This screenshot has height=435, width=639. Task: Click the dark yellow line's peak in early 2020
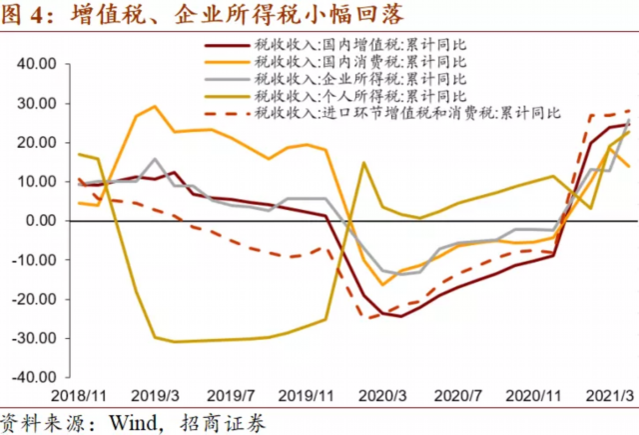pyautogui.click(x=363, y=162)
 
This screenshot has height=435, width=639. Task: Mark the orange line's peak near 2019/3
pyautogui.click(x=155, y=106)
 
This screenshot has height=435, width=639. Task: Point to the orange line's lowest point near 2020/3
pyautogui.click(x=382, y=285)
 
